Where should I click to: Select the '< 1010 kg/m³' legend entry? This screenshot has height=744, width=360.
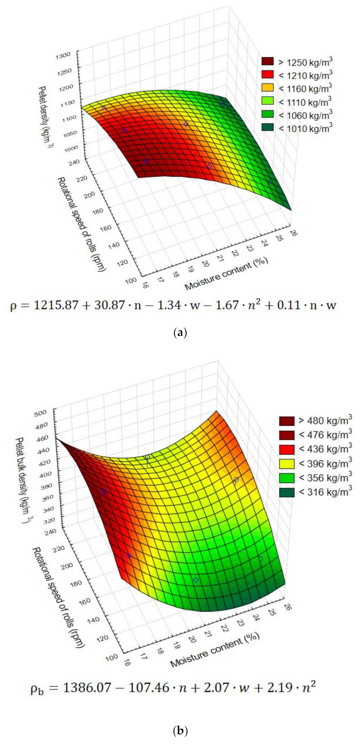305,129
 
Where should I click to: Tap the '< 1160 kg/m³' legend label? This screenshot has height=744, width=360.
305,88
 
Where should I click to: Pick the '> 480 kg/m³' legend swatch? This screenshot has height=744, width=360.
287,421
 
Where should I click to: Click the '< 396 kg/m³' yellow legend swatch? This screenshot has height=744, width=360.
287,464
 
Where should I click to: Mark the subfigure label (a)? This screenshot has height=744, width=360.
180,333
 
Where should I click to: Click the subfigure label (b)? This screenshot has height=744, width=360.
180,730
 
